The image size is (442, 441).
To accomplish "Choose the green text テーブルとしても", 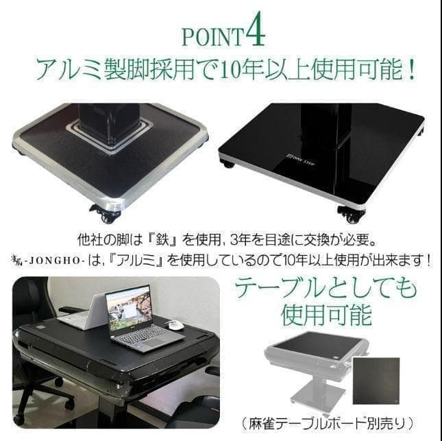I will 326,287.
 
